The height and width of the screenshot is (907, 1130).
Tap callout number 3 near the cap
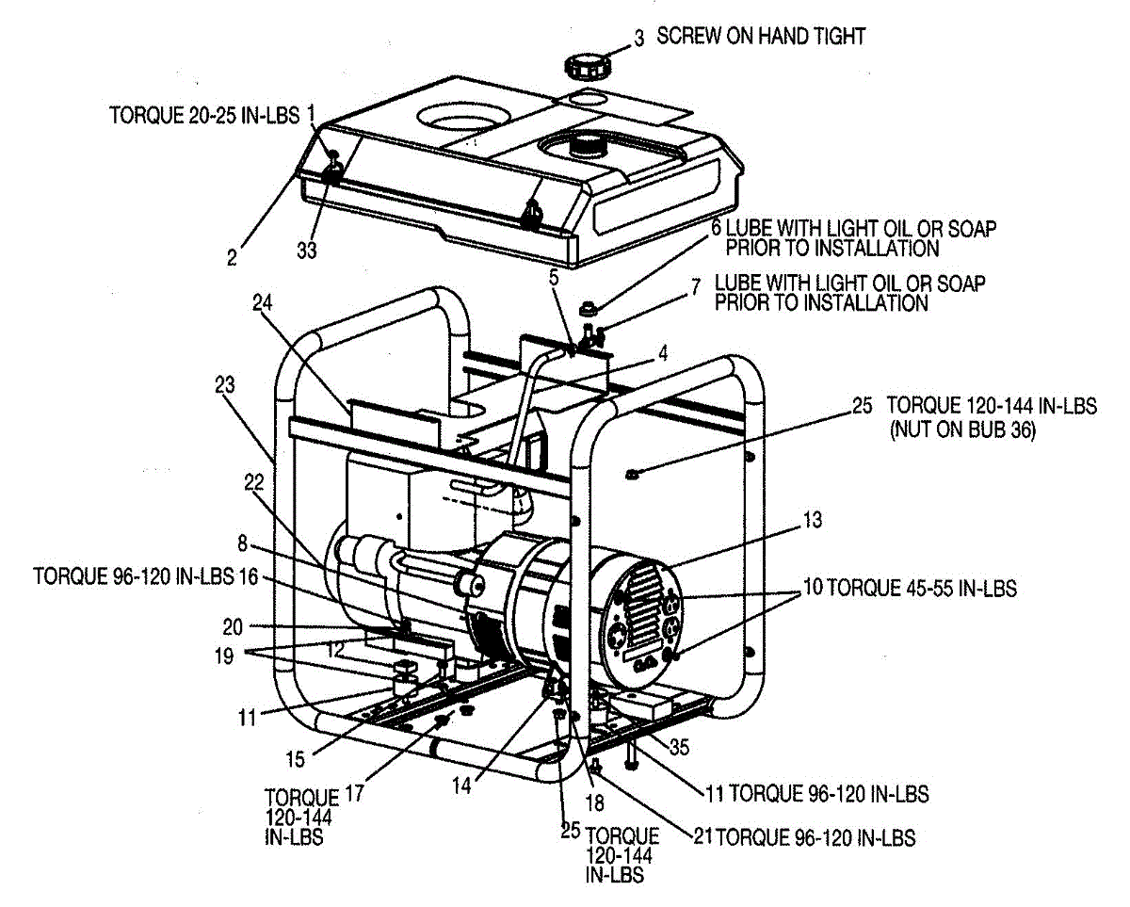pyautogui.click(x=638, y=39)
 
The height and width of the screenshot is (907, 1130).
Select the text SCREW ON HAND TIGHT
pyautogui.click(x=761, y=37)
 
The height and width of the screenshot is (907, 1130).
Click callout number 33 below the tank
pyautogui.click(x=307, y=251)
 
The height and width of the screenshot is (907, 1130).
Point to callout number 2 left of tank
pyautogui.click(x=232, y=256)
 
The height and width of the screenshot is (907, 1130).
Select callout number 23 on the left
pyautogui.click(x=224, y=384)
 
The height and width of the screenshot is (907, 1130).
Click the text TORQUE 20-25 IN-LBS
pyautogui.click(x=203, y=116)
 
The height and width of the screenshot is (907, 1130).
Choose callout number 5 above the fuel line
pyautogui.click(x=554, y=278)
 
